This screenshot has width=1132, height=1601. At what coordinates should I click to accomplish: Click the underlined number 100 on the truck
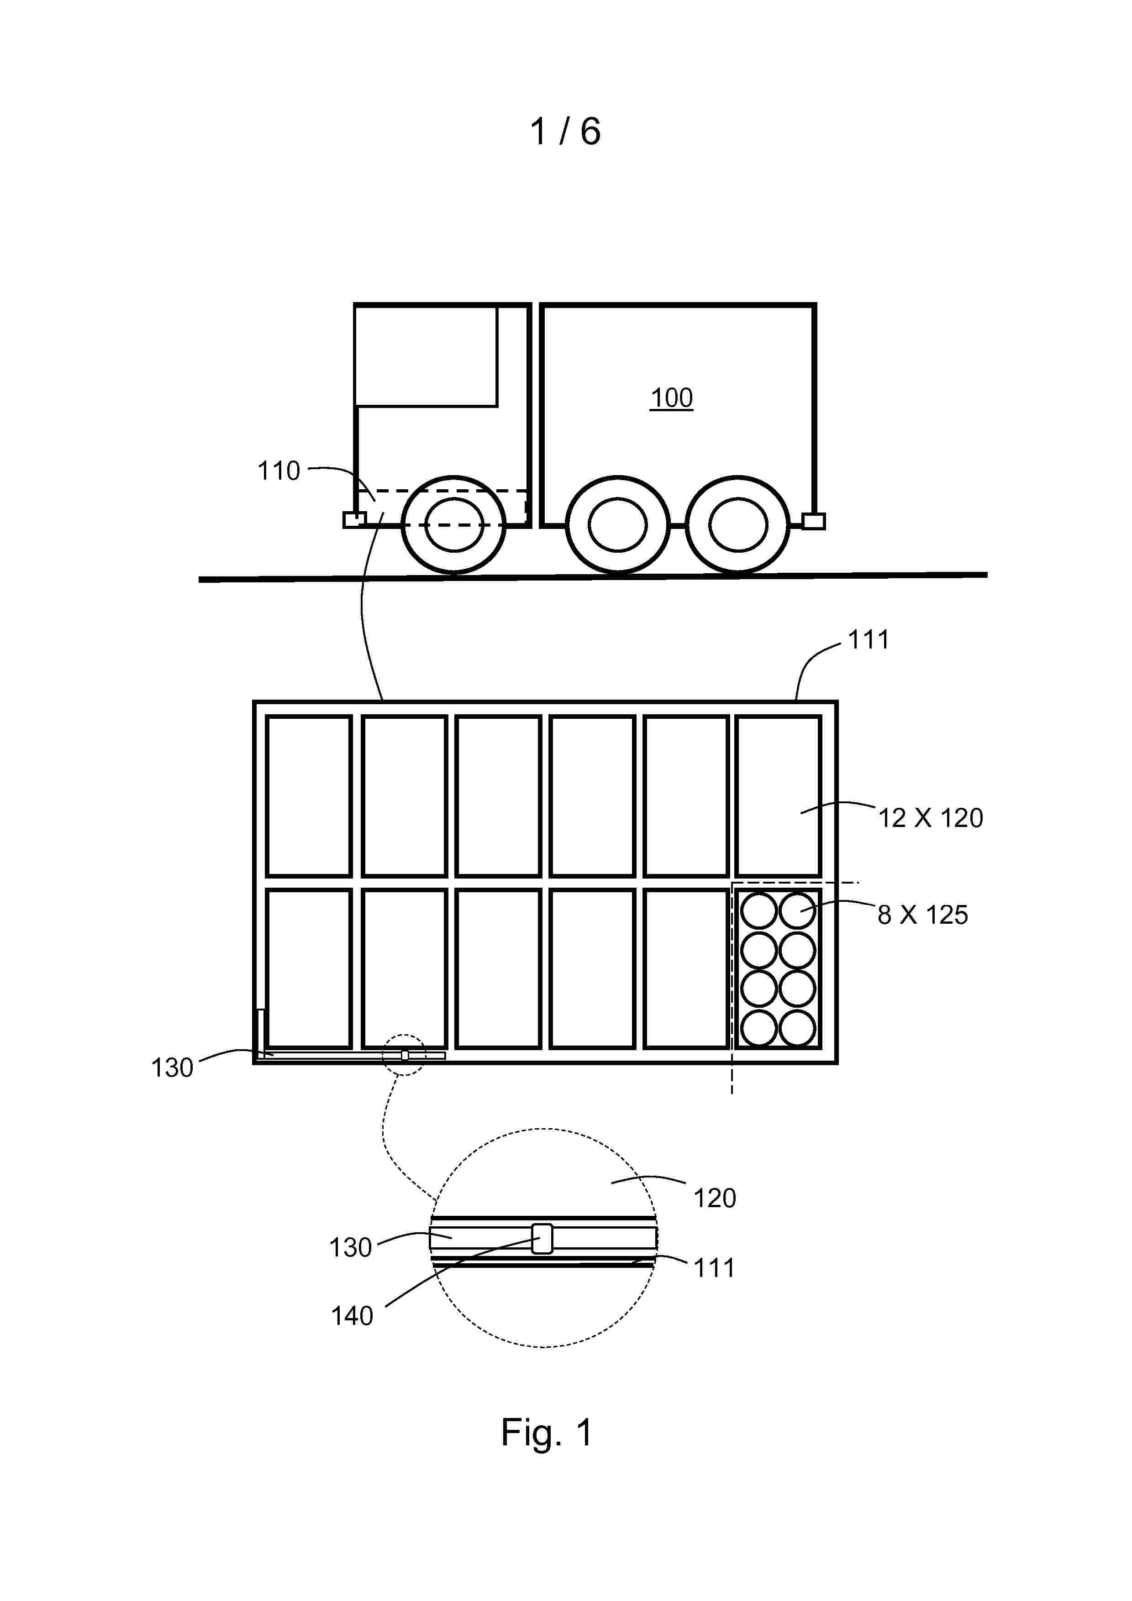point(671,398)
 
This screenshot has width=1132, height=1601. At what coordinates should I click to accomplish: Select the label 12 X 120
point(931,817)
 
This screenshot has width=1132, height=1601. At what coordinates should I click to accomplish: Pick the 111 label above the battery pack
point(869,639)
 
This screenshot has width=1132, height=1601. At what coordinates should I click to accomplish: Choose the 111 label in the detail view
point(714,1268)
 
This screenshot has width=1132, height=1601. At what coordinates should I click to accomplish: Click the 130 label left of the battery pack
point(172,1067)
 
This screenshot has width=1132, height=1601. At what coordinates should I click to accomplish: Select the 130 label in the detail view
point(350,1247)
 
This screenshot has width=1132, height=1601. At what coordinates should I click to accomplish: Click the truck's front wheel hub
point(454,525)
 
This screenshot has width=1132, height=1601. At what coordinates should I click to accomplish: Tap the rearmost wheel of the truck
point(738,525)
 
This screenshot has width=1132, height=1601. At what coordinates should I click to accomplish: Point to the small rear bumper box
point(814,521)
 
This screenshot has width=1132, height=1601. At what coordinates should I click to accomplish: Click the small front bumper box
point(354,519)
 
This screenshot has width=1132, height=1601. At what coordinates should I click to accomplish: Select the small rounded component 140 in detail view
point(542,1239)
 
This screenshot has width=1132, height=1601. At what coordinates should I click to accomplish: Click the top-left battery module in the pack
point(308,795)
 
